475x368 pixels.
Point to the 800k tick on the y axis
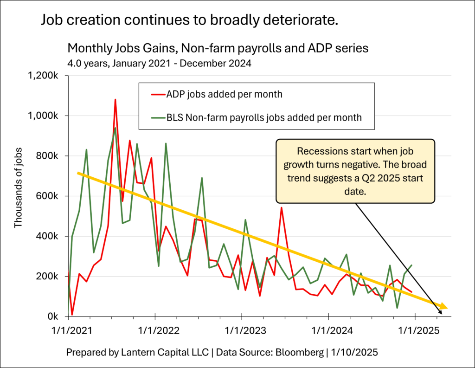point(48,156)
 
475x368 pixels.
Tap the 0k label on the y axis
point(54,316)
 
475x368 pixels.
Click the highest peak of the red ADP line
point(115,99)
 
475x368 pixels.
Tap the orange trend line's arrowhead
point(443,307)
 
